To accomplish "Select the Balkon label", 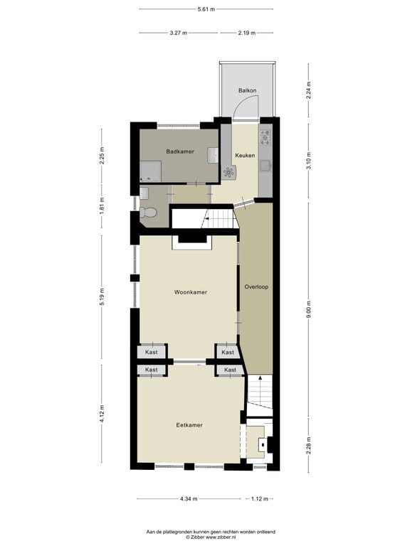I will pos(247,90).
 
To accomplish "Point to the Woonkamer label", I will pos(190,292).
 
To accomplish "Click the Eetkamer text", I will pos(189,425).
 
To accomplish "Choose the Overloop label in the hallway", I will pos(256,287).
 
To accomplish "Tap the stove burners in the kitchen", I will pos(266,136).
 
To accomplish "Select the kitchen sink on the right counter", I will pos(266,166).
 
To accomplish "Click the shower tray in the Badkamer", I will pos(150,171).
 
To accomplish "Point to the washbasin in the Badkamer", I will pos(213,154).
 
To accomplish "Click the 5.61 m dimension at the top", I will pos(206,9).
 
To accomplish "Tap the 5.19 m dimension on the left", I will pos(102,296).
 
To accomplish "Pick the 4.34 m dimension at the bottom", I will pos(189,499).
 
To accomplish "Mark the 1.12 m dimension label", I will pos(261,499).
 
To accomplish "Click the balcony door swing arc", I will pos(244,107).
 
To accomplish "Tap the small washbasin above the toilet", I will pos(144,193).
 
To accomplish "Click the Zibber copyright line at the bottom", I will pos(205,537).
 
